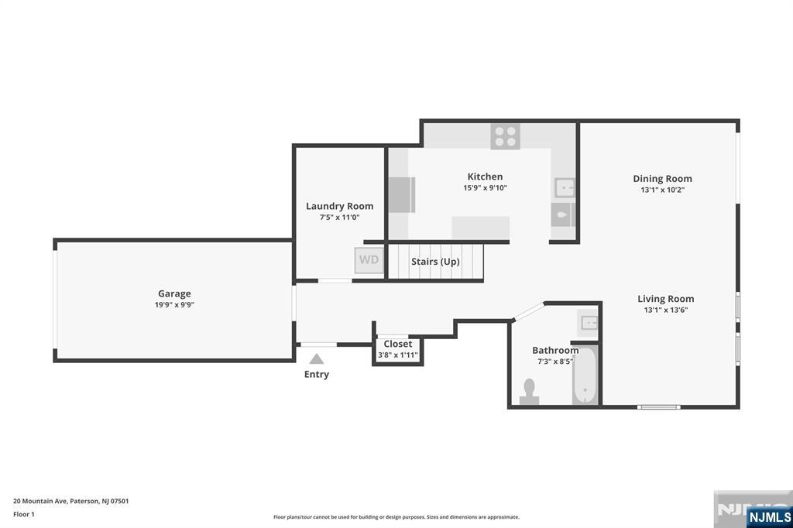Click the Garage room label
(174, 293)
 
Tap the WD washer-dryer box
(369, 260)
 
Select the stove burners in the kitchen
(505, 137)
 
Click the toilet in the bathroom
(530, 390)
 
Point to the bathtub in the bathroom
(585, 375)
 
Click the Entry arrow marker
(316, 358)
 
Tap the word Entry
(316, 375)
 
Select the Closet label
(398, 344)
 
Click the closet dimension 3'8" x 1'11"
(398, 355)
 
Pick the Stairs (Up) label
(435, 262)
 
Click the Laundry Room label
(339, 206)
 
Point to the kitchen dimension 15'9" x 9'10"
(485, 188)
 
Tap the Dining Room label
(662, 179)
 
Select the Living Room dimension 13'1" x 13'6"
(665, 310)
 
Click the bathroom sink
(589, 321)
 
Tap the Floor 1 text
(23, 514)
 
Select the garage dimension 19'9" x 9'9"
(174, 305)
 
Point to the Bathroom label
(555, 351)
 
